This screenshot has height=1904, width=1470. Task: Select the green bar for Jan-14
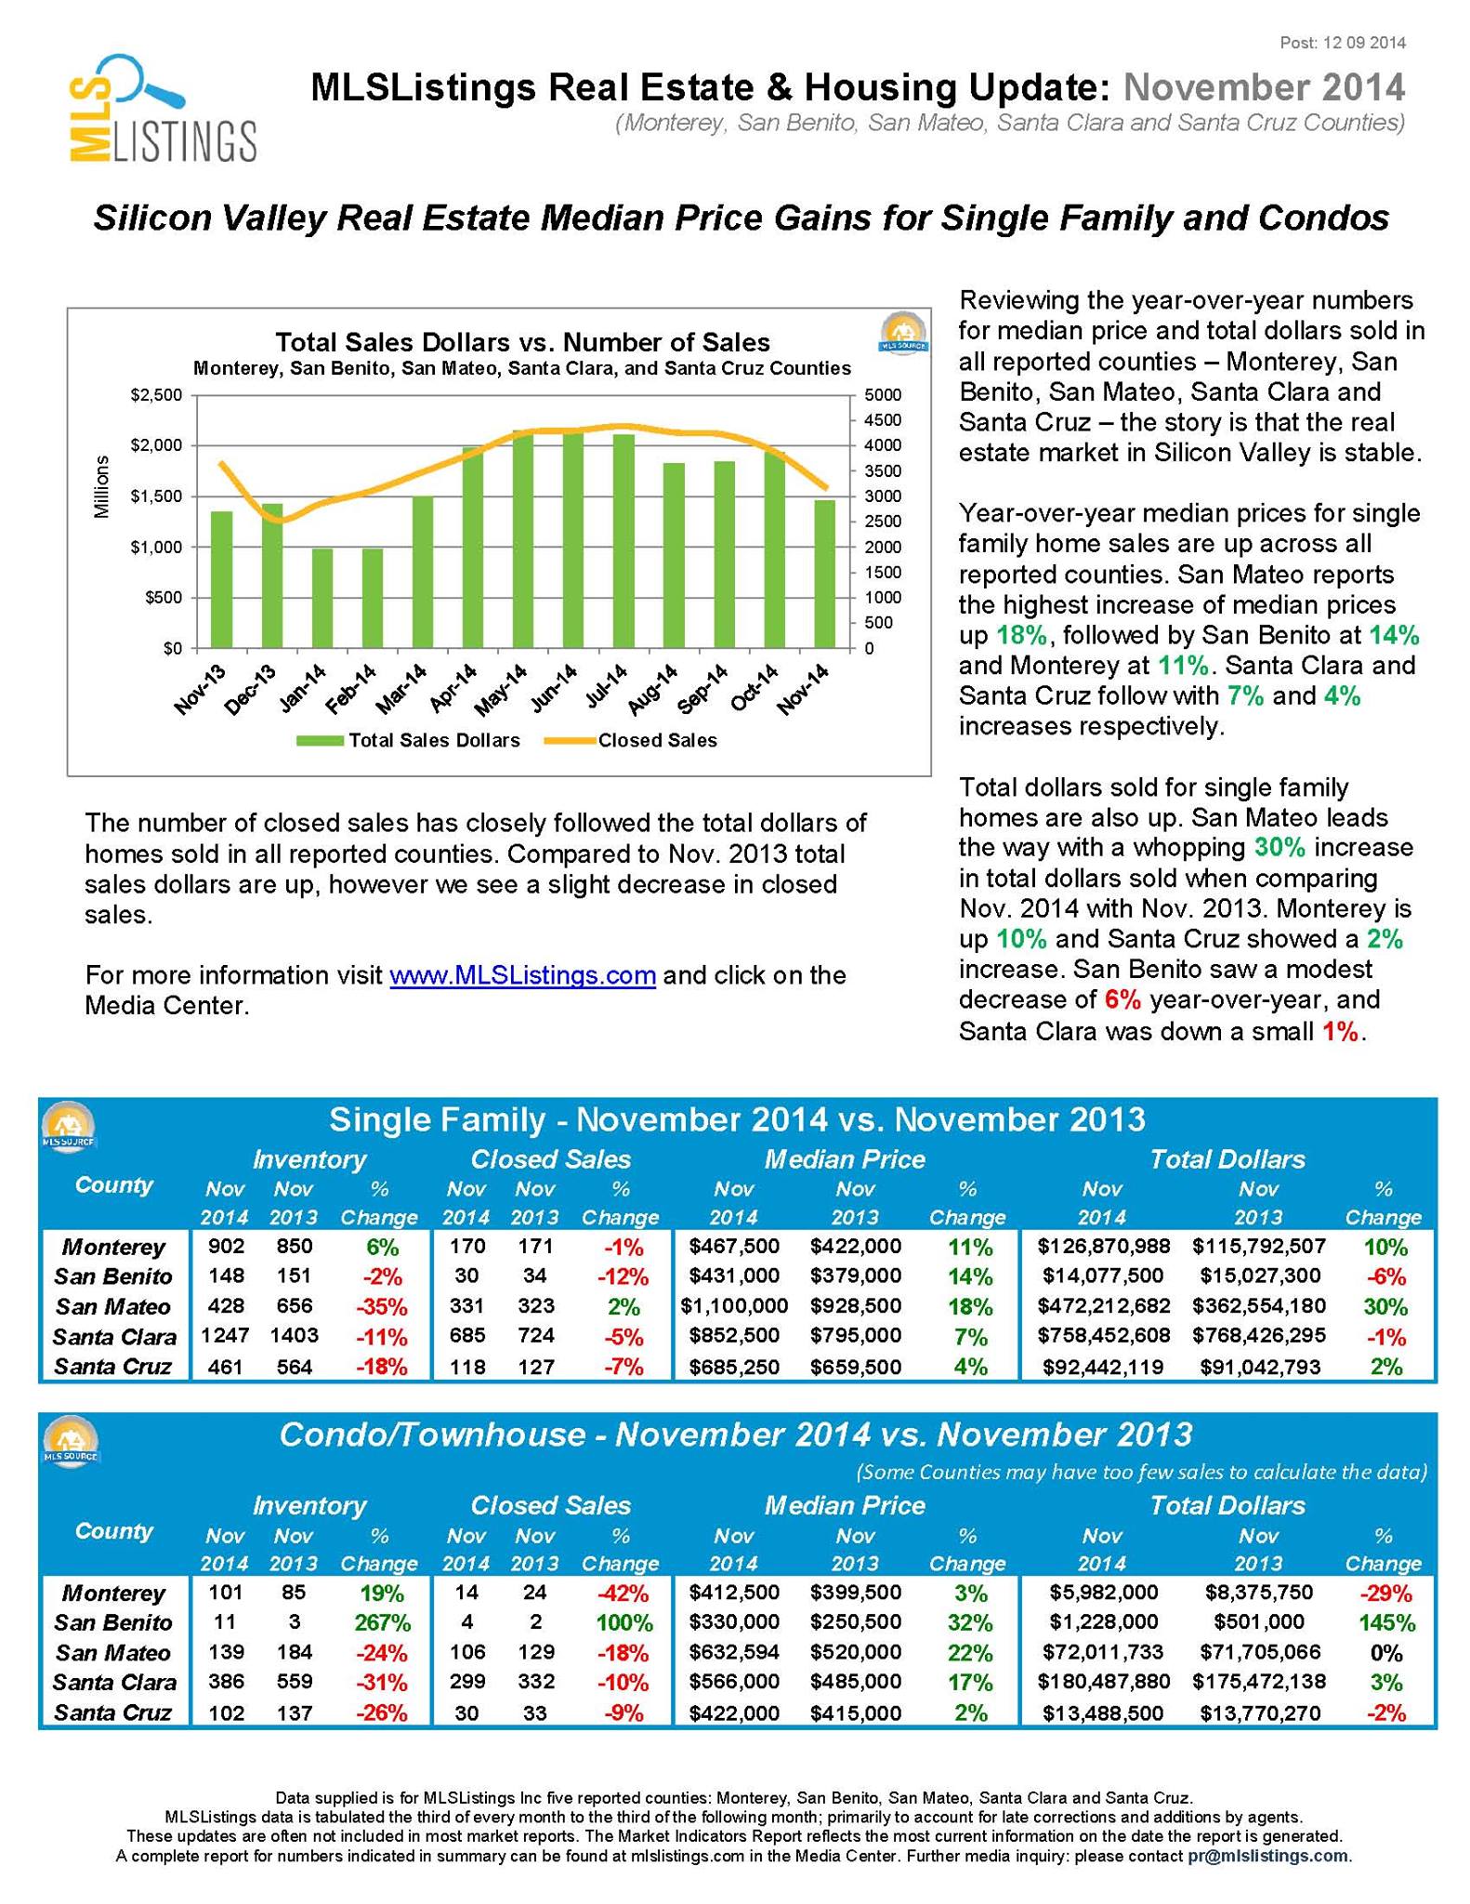point(322,598)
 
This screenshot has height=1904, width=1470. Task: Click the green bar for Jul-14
point(623,540)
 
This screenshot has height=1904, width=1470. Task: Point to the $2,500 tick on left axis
point(157,395)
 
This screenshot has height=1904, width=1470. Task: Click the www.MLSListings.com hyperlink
point(523,975)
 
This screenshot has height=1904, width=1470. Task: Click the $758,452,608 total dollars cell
point(1104,1336)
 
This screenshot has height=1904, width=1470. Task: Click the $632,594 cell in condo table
point(734,1652)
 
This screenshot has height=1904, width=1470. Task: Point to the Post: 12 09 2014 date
point(1343,43)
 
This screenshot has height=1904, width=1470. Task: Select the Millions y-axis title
point(102,487)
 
